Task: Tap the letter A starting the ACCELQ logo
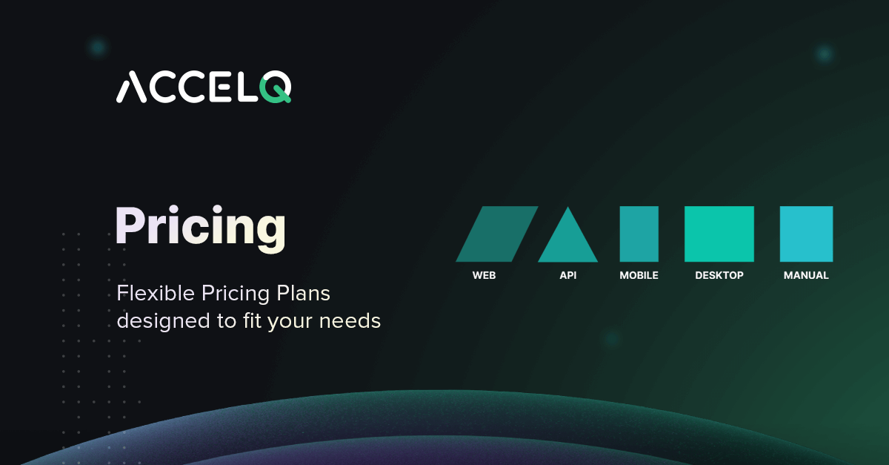[x=132, y=87]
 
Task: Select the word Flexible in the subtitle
[x=156, y=293]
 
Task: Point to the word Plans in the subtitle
[x=303, y=293]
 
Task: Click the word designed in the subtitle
[x=163, y=321]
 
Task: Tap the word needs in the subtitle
[x=350, y=321]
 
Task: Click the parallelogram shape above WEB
[x=497, y=234]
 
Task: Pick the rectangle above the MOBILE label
[x=639, y=234]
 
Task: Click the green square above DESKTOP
[x=719, y=234]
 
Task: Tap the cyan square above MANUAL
[x=807, y=234]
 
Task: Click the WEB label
[x=485, y=275]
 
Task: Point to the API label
[x=568, y=275]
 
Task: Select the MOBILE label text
[x=639, y=275]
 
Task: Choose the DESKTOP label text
[x=719, y=275]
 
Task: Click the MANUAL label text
[x=806, y=275]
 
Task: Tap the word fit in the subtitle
[x=253, y=321]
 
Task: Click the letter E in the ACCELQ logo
[x=220, y=87]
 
